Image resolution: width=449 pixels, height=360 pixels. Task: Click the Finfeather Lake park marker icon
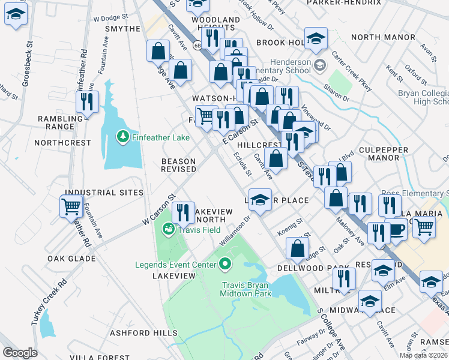click(123, 137)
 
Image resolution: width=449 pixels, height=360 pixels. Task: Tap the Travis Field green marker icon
click(169, 229)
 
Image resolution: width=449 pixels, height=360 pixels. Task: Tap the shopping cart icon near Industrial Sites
click(71, 208)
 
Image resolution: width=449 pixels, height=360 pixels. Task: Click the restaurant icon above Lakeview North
click(183, 212)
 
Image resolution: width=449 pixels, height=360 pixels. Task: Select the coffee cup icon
click(397, 230)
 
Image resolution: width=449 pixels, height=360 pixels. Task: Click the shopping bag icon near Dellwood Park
click(297, 247)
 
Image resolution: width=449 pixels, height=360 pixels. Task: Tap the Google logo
click(20, 353)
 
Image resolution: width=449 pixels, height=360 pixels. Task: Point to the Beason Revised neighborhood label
click(178, 165)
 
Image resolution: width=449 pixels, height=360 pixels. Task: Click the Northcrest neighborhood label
click(63, 143)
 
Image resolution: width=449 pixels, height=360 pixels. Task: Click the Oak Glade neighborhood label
click(71, 259)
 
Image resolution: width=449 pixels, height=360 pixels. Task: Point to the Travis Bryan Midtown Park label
click(247, 289)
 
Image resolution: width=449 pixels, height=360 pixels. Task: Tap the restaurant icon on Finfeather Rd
click(88, 102)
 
